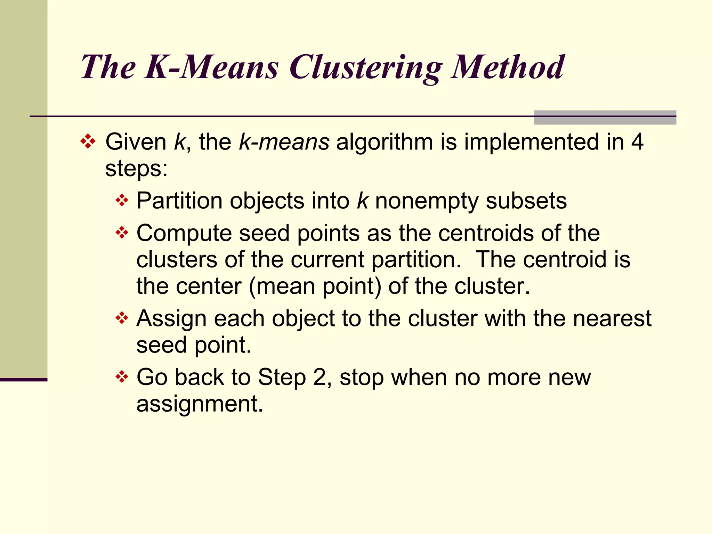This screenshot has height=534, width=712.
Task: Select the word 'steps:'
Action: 136,169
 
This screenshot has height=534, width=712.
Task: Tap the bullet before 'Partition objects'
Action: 122,201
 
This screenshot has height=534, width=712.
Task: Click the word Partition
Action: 179,201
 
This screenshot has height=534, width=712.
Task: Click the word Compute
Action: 184,233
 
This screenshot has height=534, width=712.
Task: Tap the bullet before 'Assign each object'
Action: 122,318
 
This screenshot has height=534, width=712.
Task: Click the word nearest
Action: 612,318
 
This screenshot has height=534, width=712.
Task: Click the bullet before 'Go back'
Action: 122,377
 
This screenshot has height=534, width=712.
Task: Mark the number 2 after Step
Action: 319,377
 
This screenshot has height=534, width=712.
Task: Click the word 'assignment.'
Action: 200,404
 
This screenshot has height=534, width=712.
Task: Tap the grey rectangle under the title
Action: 605,118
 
